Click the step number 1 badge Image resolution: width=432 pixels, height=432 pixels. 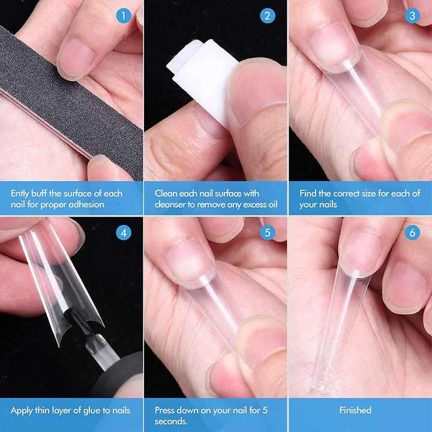124,16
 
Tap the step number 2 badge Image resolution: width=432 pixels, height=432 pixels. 268,16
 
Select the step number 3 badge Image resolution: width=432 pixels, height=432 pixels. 412,16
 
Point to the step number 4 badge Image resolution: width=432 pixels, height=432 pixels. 124,232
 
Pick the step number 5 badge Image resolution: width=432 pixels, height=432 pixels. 268,232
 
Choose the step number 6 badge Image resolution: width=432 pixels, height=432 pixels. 412,232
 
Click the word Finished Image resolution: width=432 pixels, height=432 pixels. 355,410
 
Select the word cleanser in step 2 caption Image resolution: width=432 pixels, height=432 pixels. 175,205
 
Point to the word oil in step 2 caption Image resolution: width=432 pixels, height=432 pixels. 270,205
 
